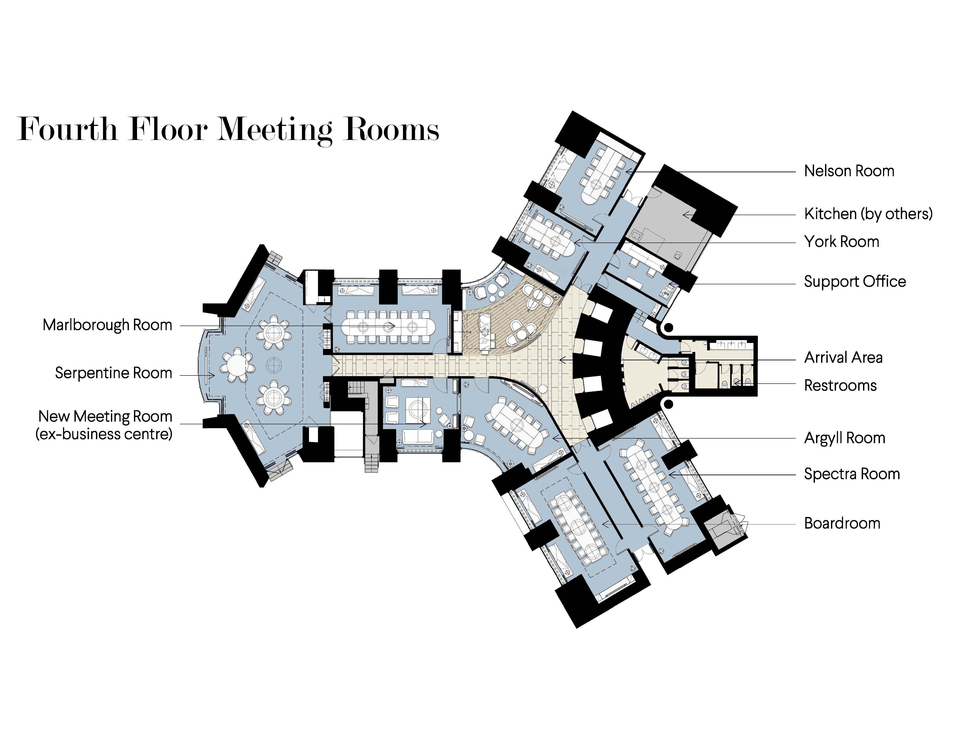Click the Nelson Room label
point(849,171)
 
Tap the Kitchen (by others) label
point(868,214)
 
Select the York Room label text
point(841,242)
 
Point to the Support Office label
point(854,282)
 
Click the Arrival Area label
point(843,358)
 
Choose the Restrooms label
point(840,386)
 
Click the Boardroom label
point(842,523)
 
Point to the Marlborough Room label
point(107,325)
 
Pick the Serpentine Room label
point(113,373)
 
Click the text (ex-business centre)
point(104,434)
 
